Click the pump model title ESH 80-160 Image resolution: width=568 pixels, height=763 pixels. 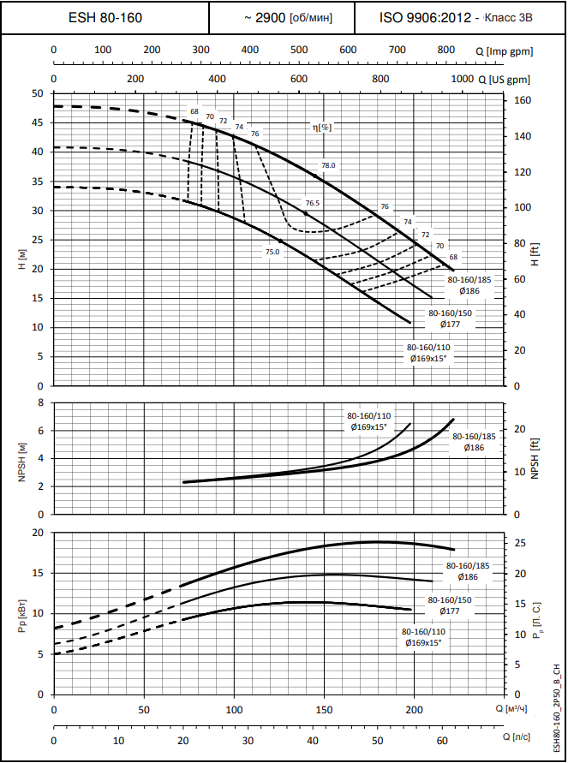[105, 17]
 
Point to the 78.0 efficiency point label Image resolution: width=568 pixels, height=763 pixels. [329, 165]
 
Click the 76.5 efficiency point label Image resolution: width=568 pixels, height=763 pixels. [312, 203]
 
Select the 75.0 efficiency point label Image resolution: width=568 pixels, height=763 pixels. [272, 252]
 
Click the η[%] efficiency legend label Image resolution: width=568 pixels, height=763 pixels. [322, 127]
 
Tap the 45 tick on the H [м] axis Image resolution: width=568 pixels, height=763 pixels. [37, 122]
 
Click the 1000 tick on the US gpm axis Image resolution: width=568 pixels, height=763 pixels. [461, 79]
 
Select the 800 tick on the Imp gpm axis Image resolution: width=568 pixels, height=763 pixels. [446, 50]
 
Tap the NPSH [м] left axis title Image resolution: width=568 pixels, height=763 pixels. [21, 457]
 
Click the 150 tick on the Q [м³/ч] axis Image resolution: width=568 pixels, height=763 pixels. [324, 710]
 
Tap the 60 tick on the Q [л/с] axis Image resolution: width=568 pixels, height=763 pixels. [442, 740]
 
